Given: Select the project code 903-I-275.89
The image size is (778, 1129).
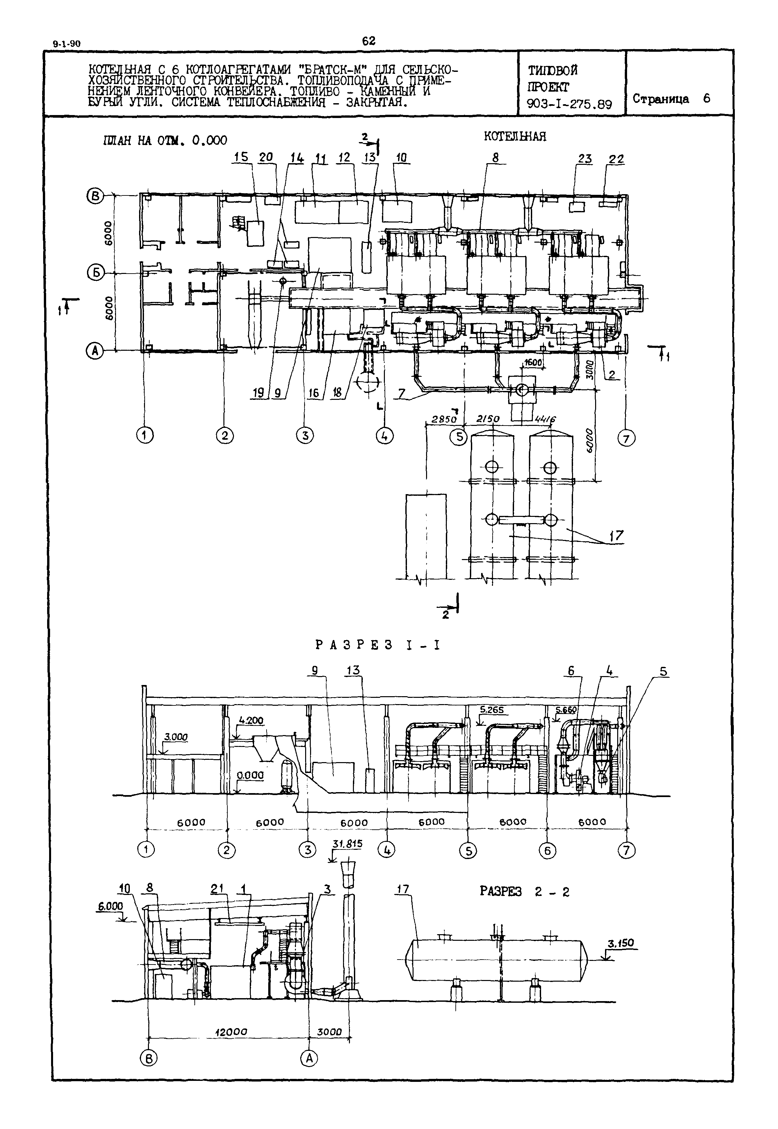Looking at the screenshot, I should point(569,104).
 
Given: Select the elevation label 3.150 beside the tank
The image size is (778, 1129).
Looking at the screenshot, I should point(620,943).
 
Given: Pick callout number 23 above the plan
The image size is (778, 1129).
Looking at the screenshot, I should point(585,159).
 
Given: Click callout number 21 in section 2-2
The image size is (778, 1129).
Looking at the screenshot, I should point(217,889).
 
